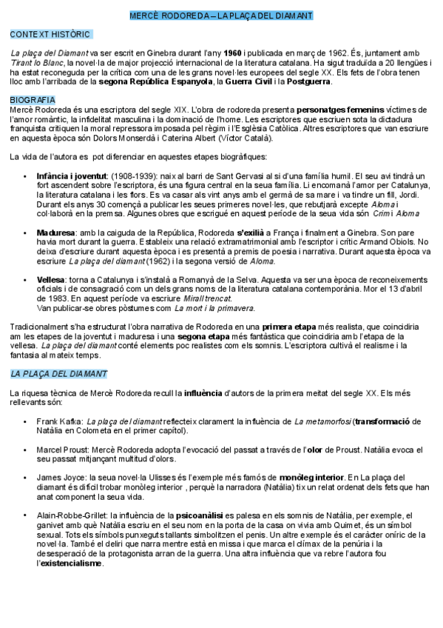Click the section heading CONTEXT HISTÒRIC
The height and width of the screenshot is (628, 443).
[x=50, y=34]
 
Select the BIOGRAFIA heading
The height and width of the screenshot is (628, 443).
[x=32, y=99]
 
